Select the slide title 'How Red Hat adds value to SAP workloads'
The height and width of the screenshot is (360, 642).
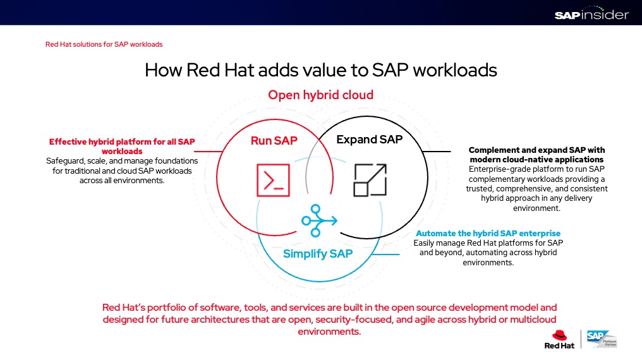point(320,69)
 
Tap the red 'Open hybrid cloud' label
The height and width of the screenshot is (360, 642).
point(320,95)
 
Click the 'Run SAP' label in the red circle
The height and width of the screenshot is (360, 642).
point(274,140)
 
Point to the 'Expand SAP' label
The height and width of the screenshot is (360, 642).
point(369,140)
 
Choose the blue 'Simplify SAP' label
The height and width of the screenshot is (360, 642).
point(317,254)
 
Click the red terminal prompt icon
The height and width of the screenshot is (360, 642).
point(273,179)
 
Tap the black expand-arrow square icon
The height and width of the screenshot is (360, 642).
point(370,179)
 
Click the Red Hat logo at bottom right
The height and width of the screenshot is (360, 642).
point(558,339)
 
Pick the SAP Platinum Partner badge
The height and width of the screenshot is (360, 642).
point(601,339)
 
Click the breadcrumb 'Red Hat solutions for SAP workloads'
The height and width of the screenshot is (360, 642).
point(104,44)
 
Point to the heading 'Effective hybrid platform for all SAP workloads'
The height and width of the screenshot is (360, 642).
point(122,147)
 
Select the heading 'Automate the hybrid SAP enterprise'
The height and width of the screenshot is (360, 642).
point(488,234)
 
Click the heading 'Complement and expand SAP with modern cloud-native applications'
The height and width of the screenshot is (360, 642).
point(536,155)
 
